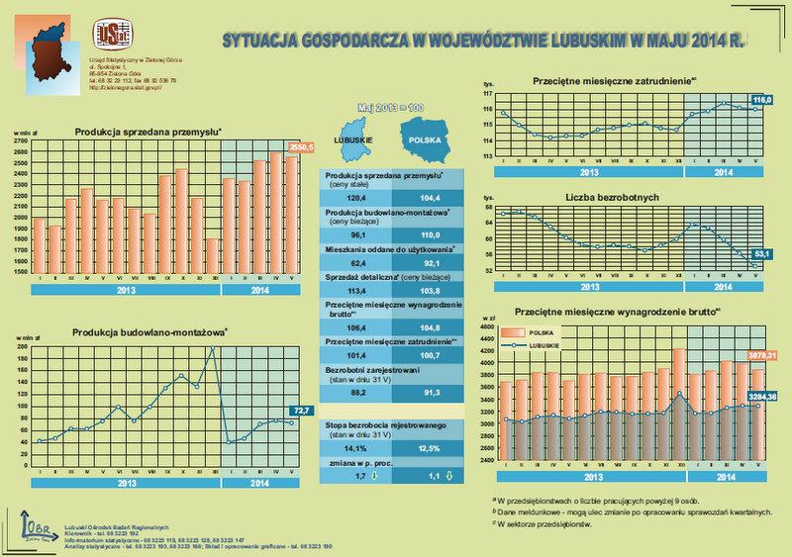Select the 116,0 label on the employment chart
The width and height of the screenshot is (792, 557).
click(762, 101)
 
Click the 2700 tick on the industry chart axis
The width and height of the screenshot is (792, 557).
click(21, 140)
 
